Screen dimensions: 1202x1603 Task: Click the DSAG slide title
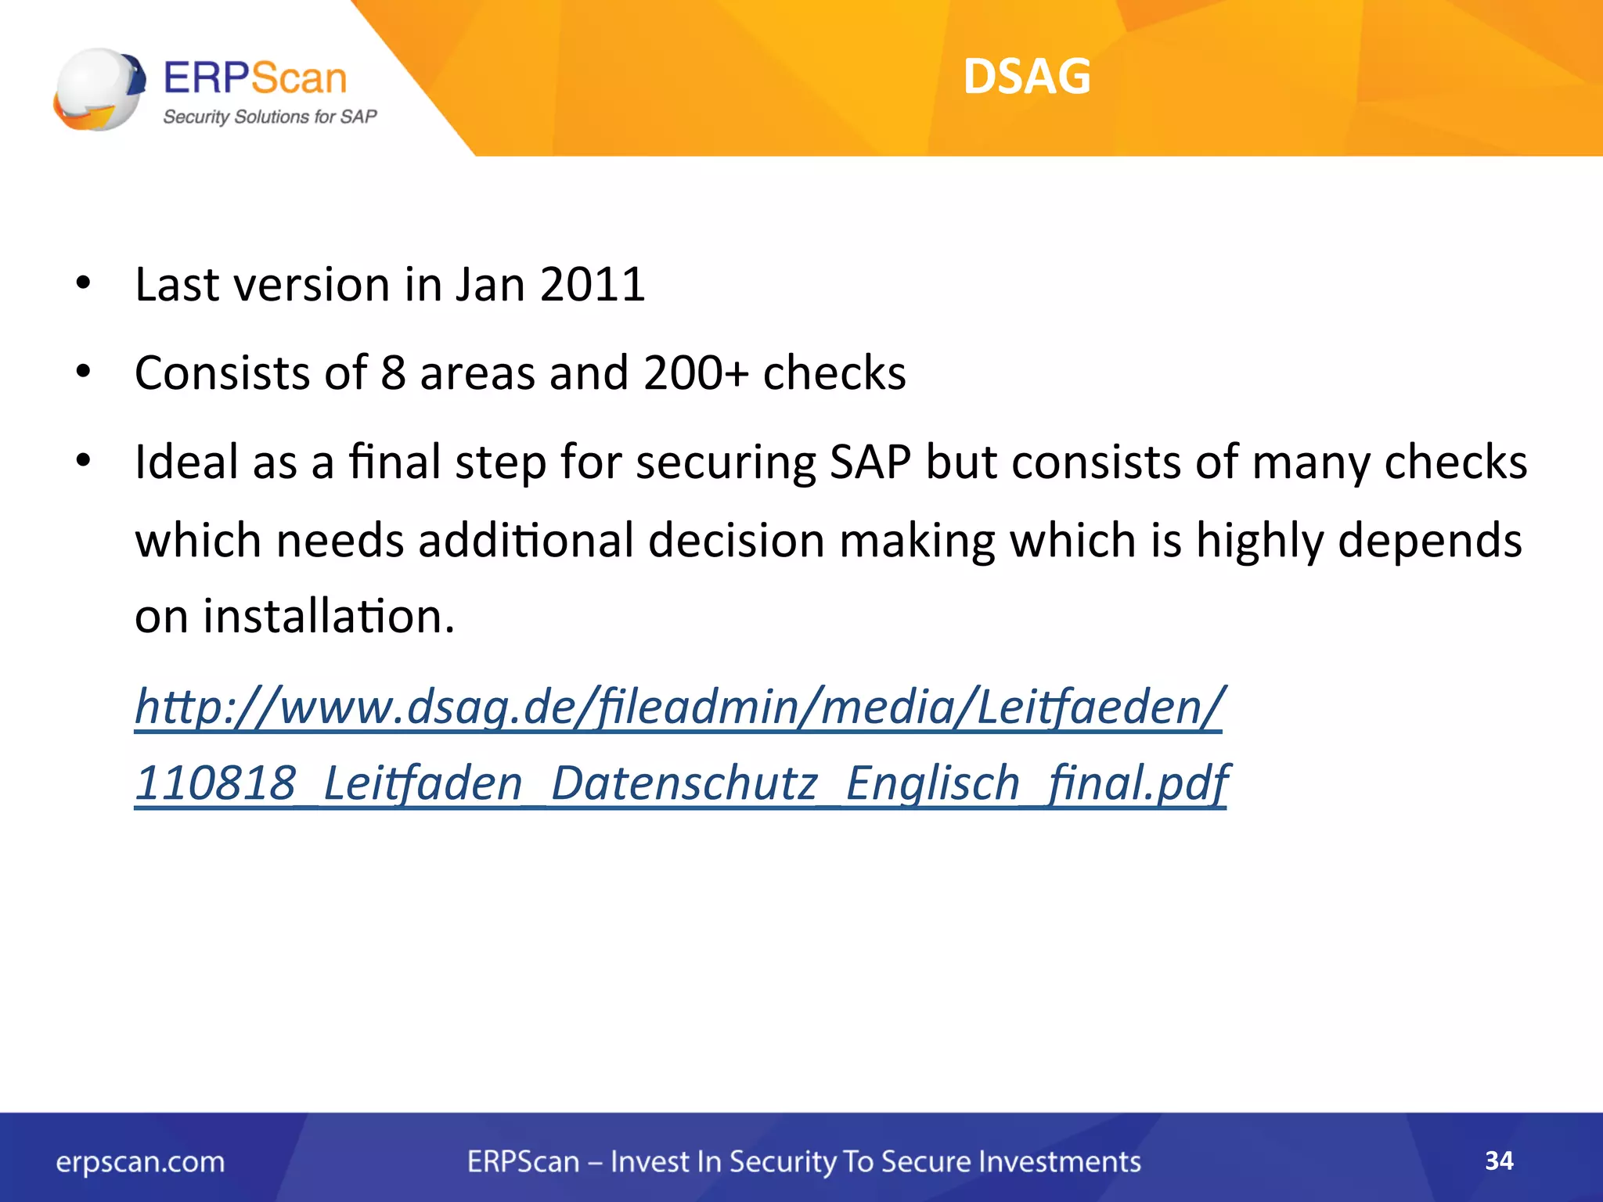point(1026,77)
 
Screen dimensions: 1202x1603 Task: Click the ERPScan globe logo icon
point(99,89)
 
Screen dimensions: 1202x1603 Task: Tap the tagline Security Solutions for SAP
point(269,117)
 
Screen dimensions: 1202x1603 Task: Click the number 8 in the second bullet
point(393,372)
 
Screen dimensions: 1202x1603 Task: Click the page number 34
point(1499,1161)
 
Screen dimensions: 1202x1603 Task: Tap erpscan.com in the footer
point(140,1162)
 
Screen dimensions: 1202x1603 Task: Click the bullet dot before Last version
point(84,284)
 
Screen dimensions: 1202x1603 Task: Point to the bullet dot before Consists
point(84,372)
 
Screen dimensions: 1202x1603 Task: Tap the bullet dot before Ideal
point(84,462)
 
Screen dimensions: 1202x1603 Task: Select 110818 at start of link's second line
point(216,783)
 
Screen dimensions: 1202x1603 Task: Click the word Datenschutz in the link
point(684,783)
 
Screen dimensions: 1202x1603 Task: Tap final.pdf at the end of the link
point(1137,783)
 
